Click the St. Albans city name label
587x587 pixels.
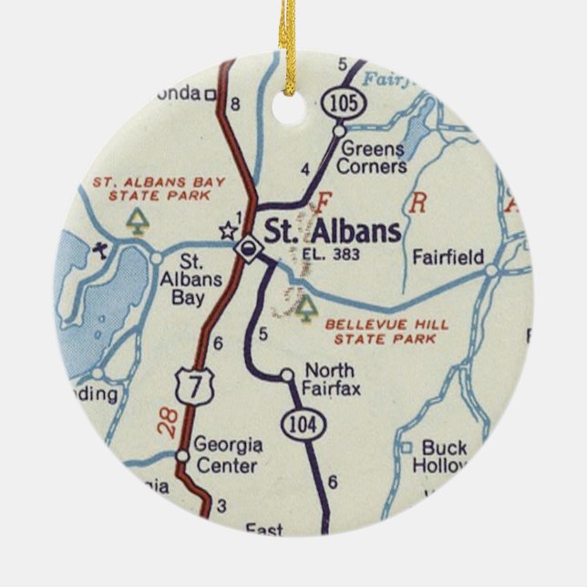(332, 232)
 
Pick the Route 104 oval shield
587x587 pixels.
(299, 423)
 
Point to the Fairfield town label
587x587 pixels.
(448, 257)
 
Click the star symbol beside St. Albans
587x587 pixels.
(226, 232)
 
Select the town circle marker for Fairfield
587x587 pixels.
(492, 270)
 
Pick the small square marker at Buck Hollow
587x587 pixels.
(407, 448)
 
